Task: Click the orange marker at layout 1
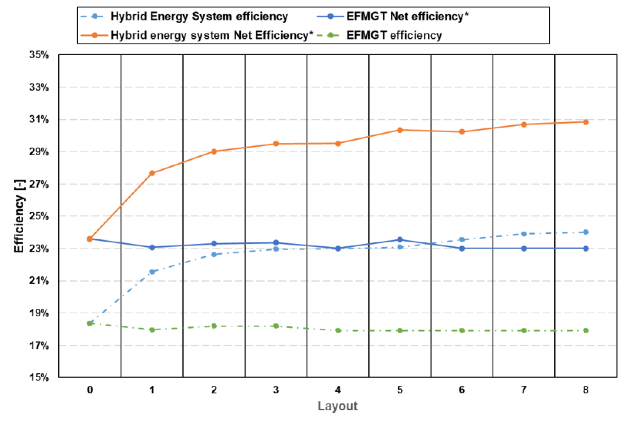click(x=152, y=173)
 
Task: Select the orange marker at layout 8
click(x=586, y=122)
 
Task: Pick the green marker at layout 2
click(x=214, y=326)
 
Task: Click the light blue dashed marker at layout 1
click(x=152, y=272)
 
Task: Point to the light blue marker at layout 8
click(x=586, y=232)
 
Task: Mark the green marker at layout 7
click(x=524, y=331)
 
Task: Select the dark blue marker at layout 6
click(x=462, y=248)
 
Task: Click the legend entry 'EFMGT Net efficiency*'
click(x=407, y=16)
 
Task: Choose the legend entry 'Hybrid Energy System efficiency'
click(x=199, y=16)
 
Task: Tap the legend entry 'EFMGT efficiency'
click(x=394, y=35)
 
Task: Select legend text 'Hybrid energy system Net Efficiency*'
click(x=212, y=35)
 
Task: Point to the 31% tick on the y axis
click(x=39, y=119)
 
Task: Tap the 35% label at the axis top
click(x=39, y=55)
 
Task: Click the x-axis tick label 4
click(x=338, y=390)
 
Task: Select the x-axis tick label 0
click(x=90, y=390)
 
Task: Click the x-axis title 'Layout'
click(x=338, y=406)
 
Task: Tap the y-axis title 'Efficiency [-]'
click(x=20, y=216)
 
